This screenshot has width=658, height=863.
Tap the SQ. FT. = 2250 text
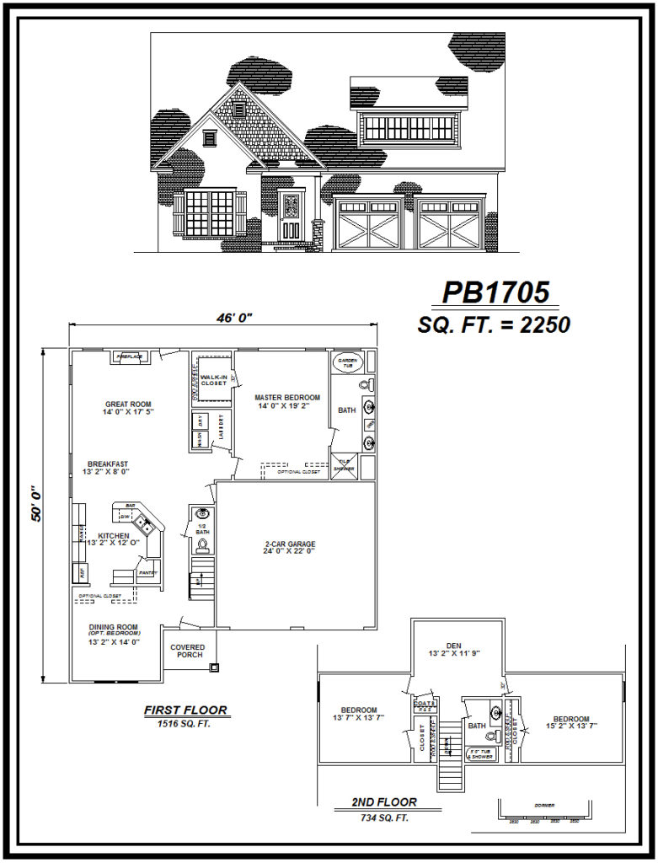(x=494, y=324)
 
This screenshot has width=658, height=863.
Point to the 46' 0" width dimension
(x=223, y=318)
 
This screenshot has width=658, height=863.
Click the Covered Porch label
(x=188, y=652)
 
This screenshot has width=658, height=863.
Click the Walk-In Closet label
(x=212, y=380)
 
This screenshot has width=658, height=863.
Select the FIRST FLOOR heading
(x=185, y=710)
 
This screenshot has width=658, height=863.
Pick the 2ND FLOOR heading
(x=384, y=802)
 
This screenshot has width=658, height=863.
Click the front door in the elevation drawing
(x=291, y=218)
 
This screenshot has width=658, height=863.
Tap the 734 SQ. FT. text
(x=383, y=817)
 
